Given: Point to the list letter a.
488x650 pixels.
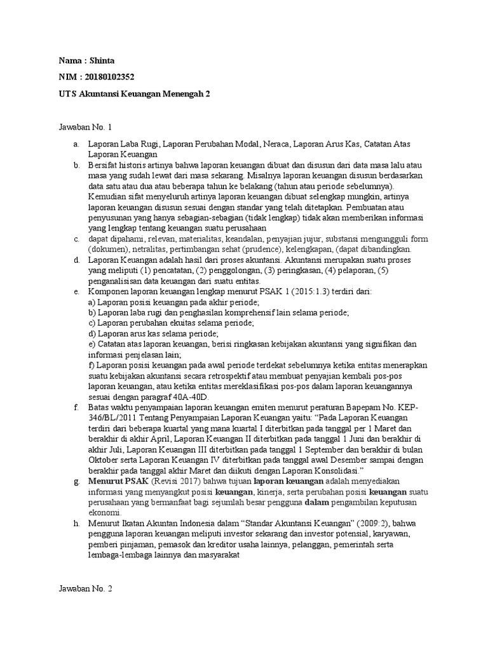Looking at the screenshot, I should coord(75,144).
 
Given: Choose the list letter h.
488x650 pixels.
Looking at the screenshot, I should coord(76,524).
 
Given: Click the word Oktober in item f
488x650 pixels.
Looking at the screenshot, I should coord(104,460).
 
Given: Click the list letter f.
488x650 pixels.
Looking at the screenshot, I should coord(76,408).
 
